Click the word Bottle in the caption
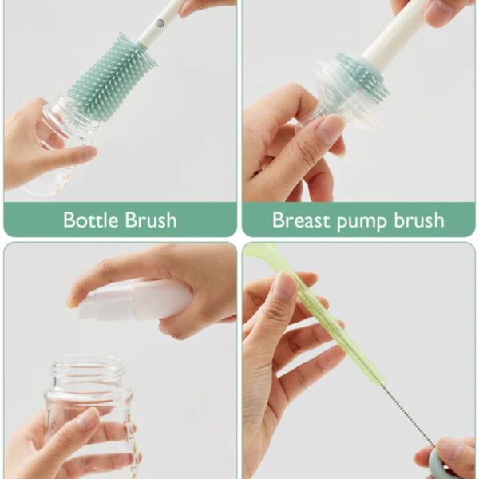coord(91,220)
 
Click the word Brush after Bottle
coord(151,220)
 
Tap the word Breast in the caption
coord(302,220)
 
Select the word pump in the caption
coord(362,222)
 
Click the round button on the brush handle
coord(160,22)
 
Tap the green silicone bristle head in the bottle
coord(111,76)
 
